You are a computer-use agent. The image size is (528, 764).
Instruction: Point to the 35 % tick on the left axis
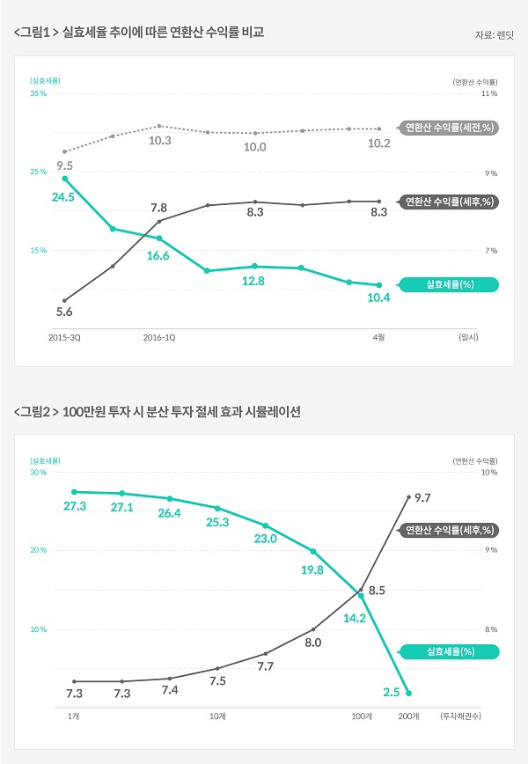pyautogui.click(x=38, y=92)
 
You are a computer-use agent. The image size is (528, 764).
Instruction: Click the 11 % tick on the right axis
pyautogui.click(x=489, y=92)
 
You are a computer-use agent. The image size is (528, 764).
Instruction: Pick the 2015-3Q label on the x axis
pyautogui.click(x=64, y=336)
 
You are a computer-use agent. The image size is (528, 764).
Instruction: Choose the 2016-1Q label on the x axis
pyautogui.click(x=158, y=336)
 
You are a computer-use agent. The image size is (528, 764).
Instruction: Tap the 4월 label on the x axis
pyautogui.click(x=378, y=336)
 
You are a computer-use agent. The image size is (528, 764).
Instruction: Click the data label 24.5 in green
pyautogui.click(x=63, y=197)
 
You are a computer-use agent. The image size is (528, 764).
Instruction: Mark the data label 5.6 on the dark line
pyautogui.click(x=63, y=312)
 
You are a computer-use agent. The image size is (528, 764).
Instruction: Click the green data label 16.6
pyautogui.click(x=158, y=255)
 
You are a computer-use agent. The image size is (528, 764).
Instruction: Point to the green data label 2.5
pyautogui.click(x=392, y=693)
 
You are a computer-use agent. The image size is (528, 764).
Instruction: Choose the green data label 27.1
pyautogui.click(x=122, y=508)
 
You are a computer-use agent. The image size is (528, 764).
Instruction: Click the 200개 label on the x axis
pyautogui.click(x=409, y=716)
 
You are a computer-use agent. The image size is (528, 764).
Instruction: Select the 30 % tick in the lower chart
pyautogui.click(x=38, y=472)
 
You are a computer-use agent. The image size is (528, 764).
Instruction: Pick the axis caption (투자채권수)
pyautogui.click(x=460, y=716)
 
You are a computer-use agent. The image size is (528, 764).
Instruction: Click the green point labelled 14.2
pyautogui.click(x=361, y=595)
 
